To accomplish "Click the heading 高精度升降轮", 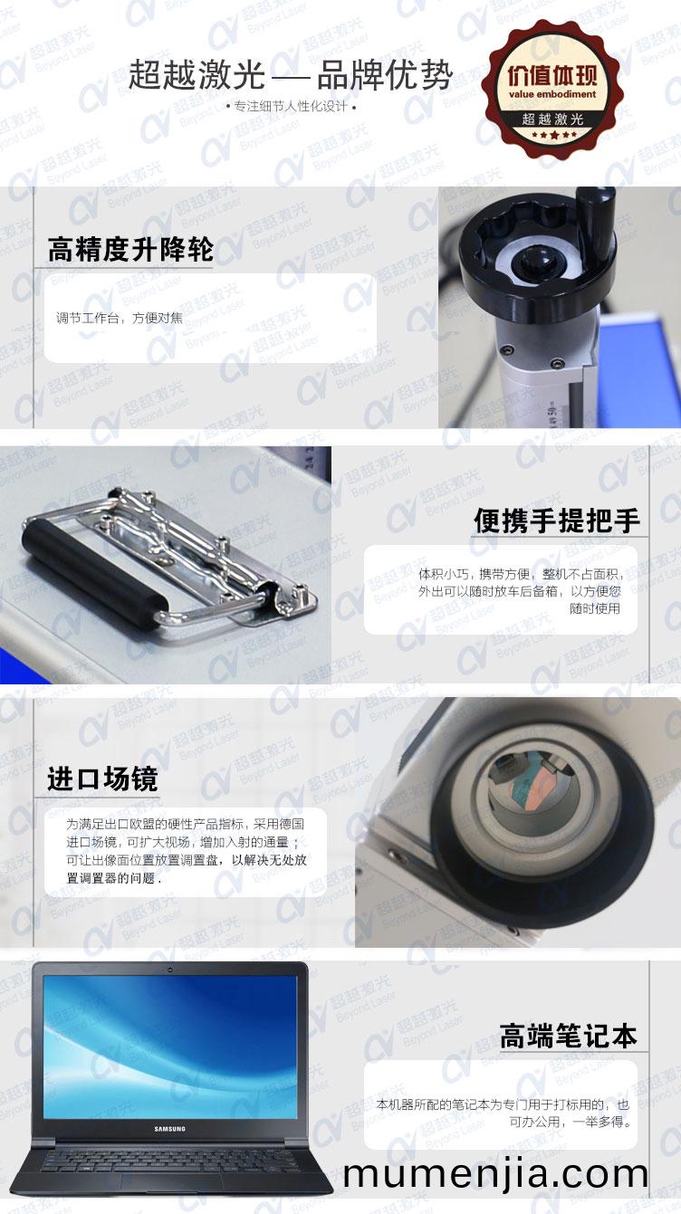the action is tap(130, 249).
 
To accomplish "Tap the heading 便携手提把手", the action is tap(557, 521).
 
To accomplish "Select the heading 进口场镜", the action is tap(102, 779).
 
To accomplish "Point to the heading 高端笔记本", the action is tap(568, 1036).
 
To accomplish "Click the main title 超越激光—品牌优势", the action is tap(290, 74).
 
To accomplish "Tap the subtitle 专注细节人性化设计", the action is tap(291, 107).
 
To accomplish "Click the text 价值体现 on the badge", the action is tap(552, 76).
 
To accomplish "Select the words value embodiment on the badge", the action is tap(552, 94).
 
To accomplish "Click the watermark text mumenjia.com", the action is tap(495, 1174).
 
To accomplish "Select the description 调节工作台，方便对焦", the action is tap(120, 318).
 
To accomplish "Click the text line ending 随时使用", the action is tap(595, 608).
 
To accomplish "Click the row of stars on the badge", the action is tap(552, 134).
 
